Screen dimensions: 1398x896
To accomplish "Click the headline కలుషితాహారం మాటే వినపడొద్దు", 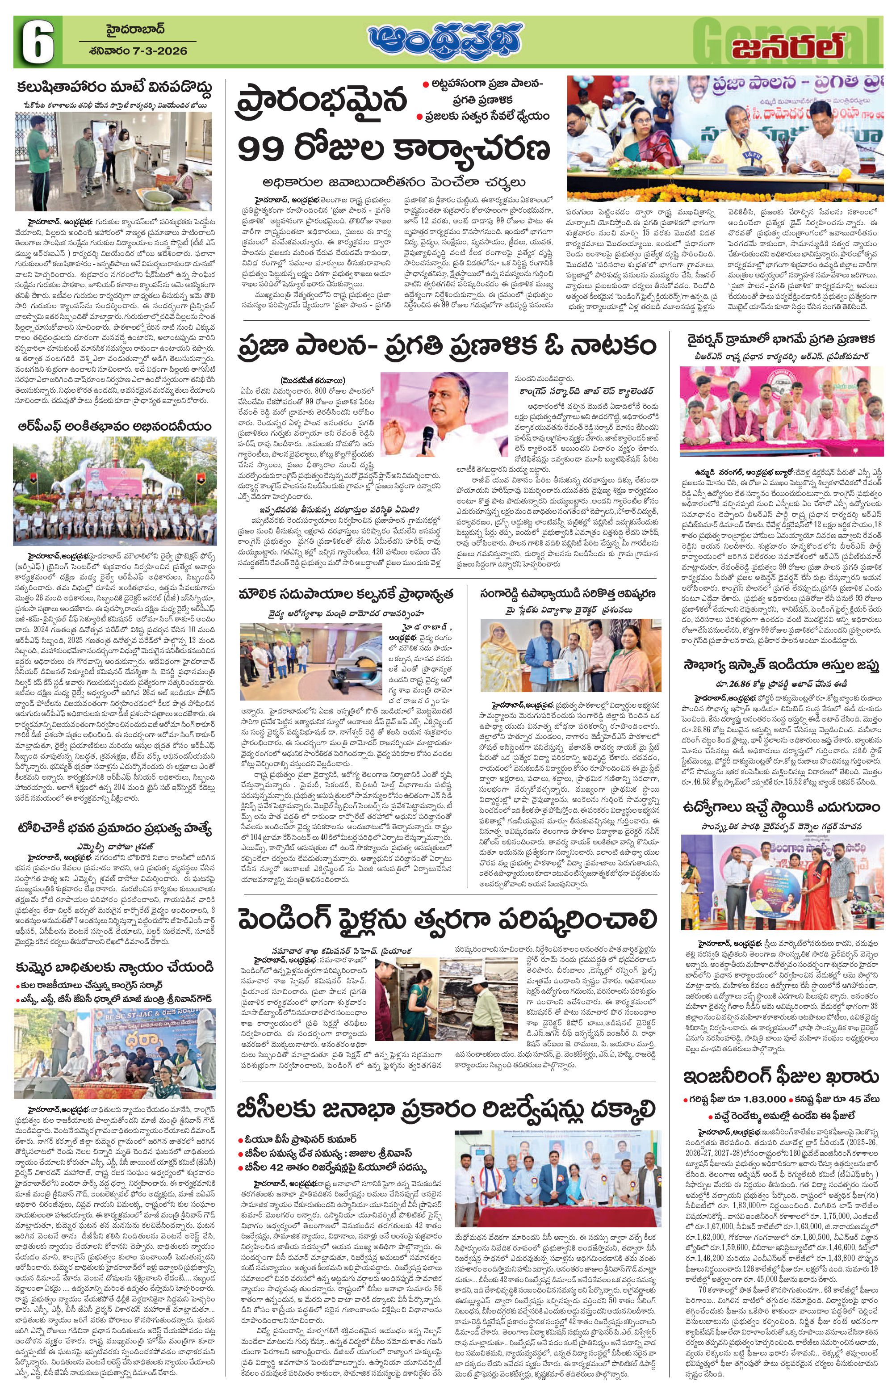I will click(114, 88).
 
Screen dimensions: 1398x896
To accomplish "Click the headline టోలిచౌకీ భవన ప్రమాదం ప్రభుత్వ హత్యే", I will click(114, 827).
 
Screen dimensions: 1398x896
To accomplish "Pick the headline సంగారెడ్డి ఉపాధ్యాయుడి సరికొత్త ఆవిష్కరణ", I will click(568, 594).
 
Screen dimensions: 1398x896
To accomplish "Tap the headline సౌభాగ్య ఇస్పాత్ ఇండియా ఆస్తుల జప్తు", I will click(781, 665).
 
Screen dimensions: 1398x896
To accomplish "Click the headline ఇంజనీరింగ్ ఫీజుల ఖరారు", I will click(781, 1077).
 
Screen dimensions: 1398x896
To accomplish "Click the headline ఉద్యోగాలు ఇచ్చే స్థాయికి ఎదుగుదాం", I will click(781, 806).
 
